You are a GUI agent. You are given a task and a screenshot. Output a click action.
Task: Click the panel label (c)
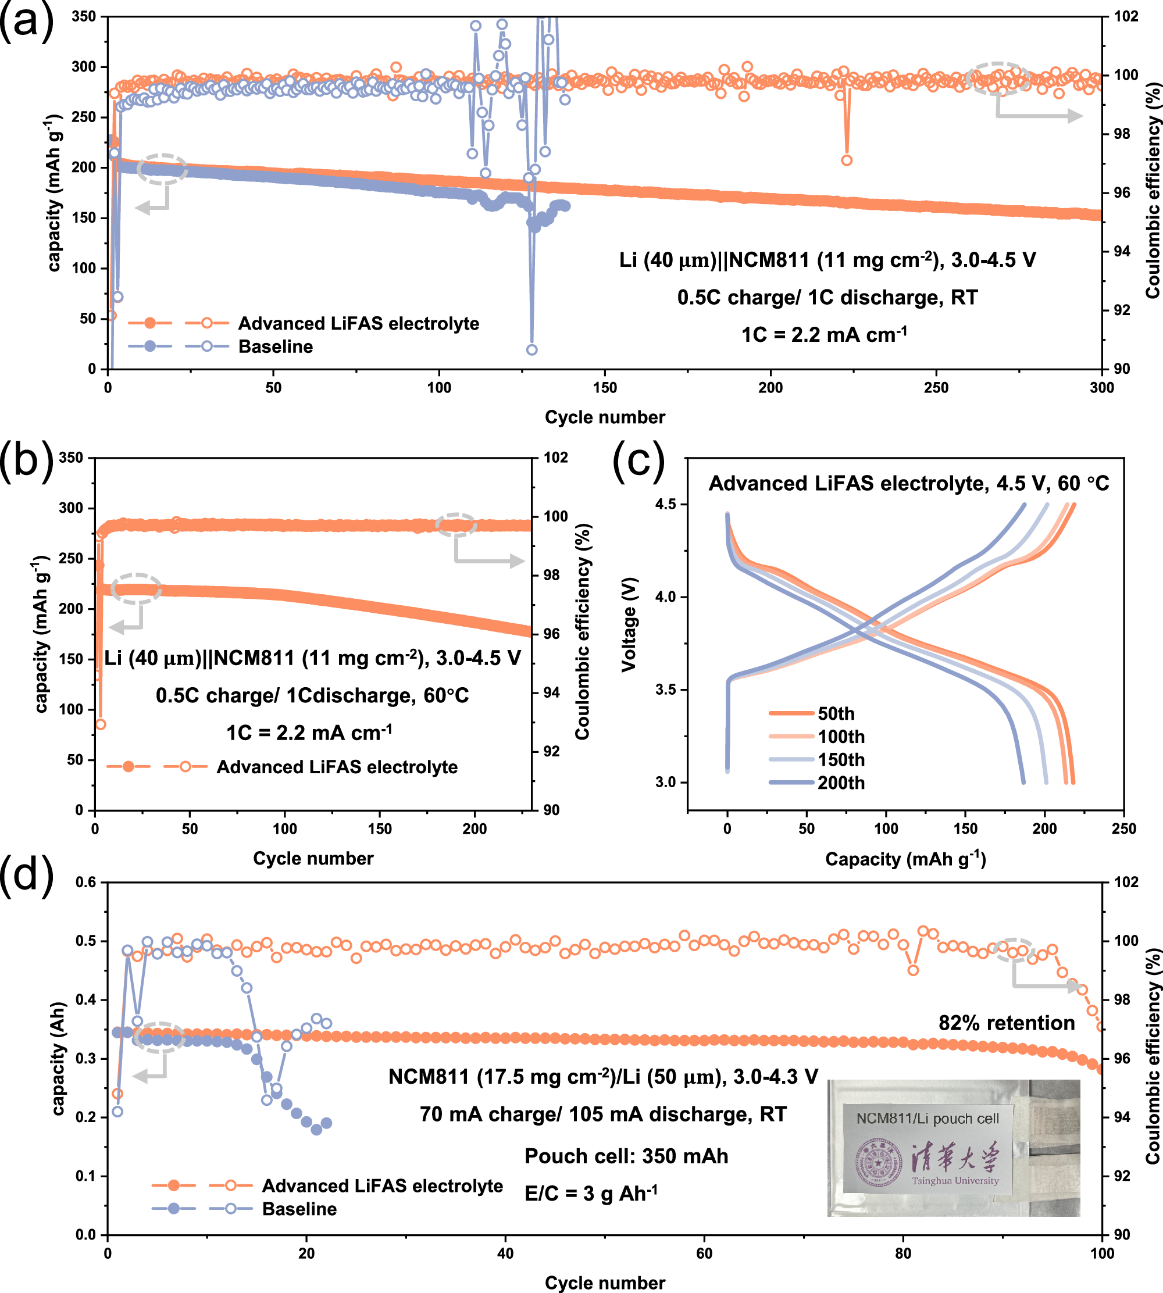tap(638, 460)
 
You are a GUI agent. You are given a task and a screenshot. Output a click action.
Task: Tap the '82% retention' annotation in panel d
tap(1007, 1023)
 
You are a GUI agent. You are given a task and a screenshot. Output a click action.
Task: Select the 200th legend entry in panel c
tap(841, 783)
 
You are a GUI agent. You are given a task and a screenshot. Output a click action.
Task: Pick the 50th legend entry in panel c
tap(836, 713)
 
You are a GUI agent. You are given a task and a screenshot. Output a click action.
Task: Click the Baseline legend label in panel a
tap(276, 347)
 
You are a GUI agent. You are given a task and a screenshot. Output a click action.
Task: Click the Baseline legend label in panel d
tap(299, 1209)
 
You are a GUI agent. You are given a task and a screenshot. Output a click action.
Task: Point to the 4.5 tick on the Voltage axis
tap(665, 505)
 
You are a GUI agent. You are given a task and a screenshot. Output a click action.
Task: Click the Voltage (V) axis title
tap(629, 625)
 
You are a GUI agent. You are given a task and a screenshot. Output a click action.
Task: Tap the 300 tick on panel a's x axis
tap(1102, 387)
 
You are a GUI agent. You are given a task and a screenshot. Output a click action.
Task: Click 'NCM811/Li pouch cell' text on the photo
tap(927, 1119)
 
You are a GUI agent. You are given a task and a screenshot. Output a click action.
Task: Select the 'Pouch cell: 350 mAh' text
tap(626, 1156)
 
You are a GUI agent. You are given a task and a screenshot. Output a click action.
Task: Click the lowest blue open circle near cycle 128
tap(531, 350)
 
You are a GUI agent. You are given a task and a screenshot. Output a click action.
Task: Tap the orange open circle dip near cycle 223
tap(847, 160)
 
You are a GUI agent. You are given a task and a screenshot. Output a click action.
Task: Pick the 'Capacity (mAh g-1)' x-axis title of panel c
tap(905, 859)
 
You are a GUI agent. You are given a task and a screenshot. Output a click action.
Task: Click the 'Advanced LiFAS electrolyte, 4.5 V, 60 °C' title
tap(909, 484)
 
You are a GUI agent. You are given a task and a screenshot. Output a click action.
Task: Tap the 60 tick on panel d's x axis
tap(704, 1253)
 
